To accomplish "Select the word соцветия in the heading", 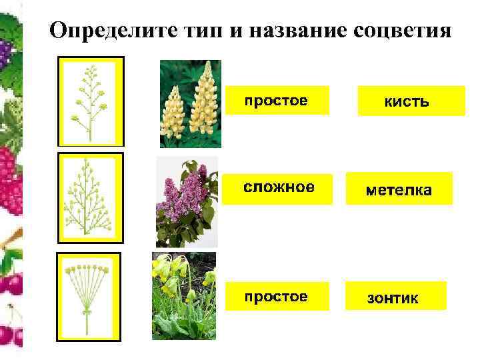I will click(399, 31).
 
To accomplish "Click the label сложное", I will click(277, 187).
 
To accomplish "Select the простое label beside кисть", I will click(276, 101).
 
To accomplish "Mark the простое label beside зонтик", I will click(276, 295).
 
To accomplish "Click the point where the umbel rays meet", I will click(87, 310).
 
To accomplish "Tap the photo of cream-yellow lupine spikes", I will click(190, 104).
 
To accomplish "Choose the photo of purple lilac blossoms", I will click(186, 202).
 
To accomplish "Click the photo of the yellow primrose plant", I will click(183, 295).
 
